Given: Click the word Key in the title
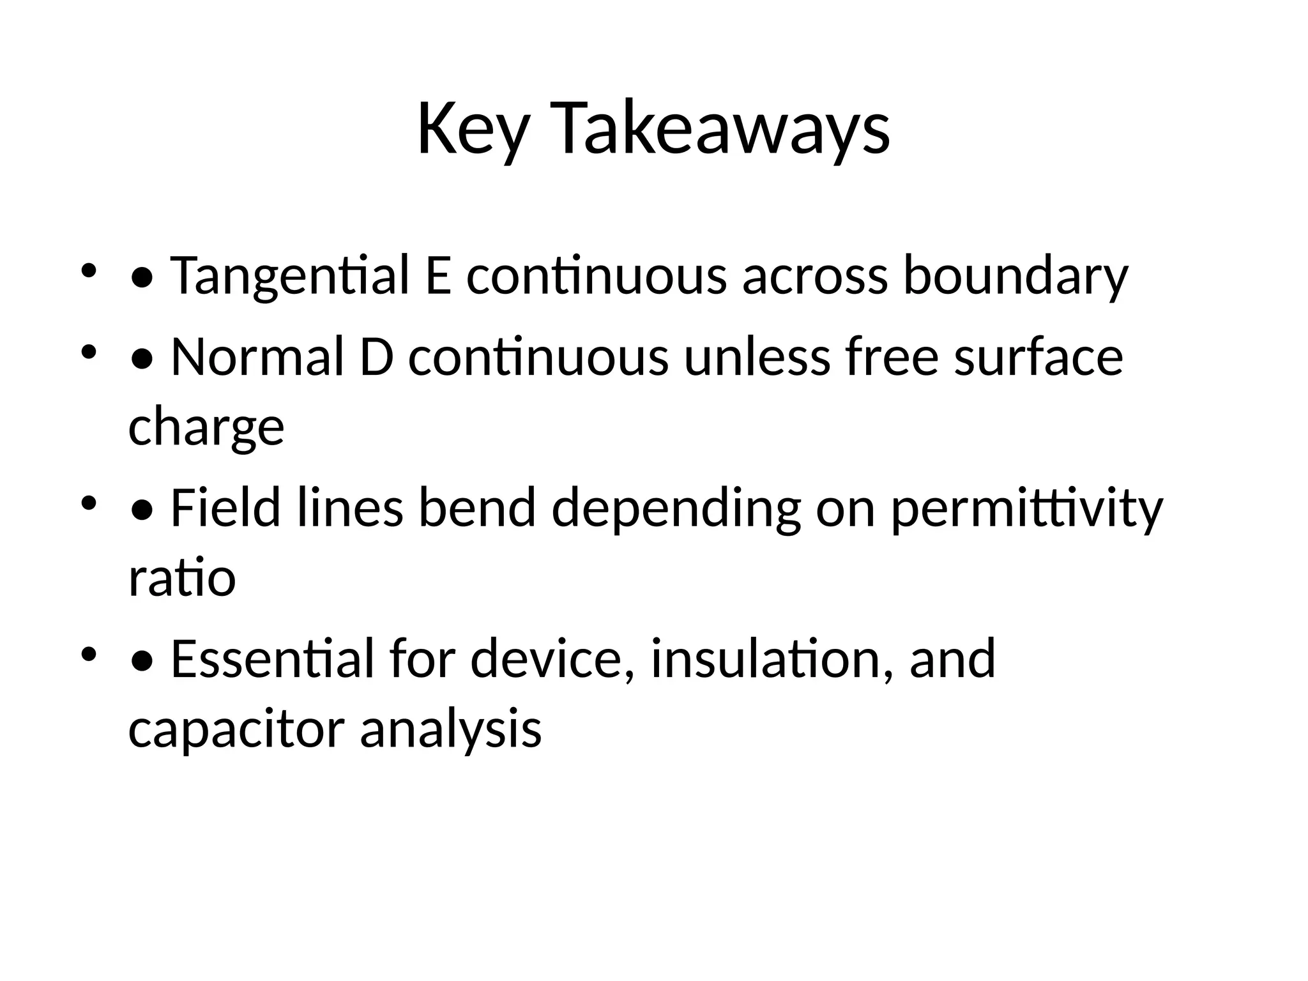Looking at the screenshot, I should [x=473, y=130].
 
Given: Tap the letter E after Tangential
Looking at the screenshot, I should [x=437, y=276].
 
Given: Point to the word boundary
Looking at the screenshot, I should [x=1015, y=276].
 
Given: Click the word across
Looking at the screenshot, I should [x=814, y=276].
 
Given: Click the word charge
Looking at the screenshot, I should [x=206, y=428].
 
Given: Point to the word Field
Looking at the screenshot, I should [x=225, y=508].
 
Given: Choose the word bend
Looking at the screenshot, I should [x=476, y=508].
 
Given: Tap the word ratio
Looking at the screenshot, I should [x=182, y=578].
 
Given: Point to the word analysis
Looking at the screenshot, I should [x=450, y=729].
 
